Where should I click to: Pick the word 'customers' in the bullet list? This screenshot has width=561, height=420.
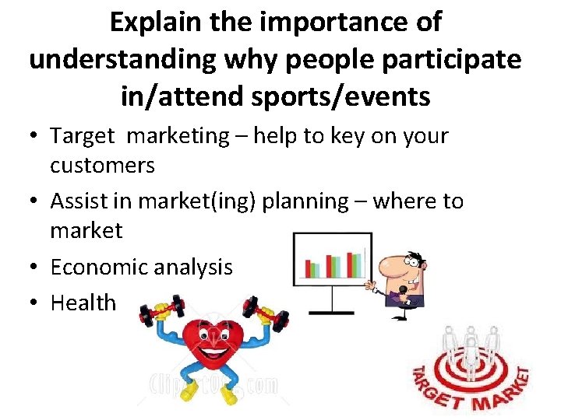point(102,165)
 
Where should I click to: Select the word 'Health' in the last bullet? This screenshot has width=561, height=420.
point(83,303)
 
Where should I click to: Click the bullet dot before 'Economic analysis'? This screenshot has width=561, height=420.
point(35,268)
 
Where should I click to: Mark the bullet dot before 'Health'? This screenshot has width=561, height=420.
point(35,303)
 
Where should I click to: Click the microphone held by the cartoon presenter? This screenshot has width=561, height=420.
point(402,291)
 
